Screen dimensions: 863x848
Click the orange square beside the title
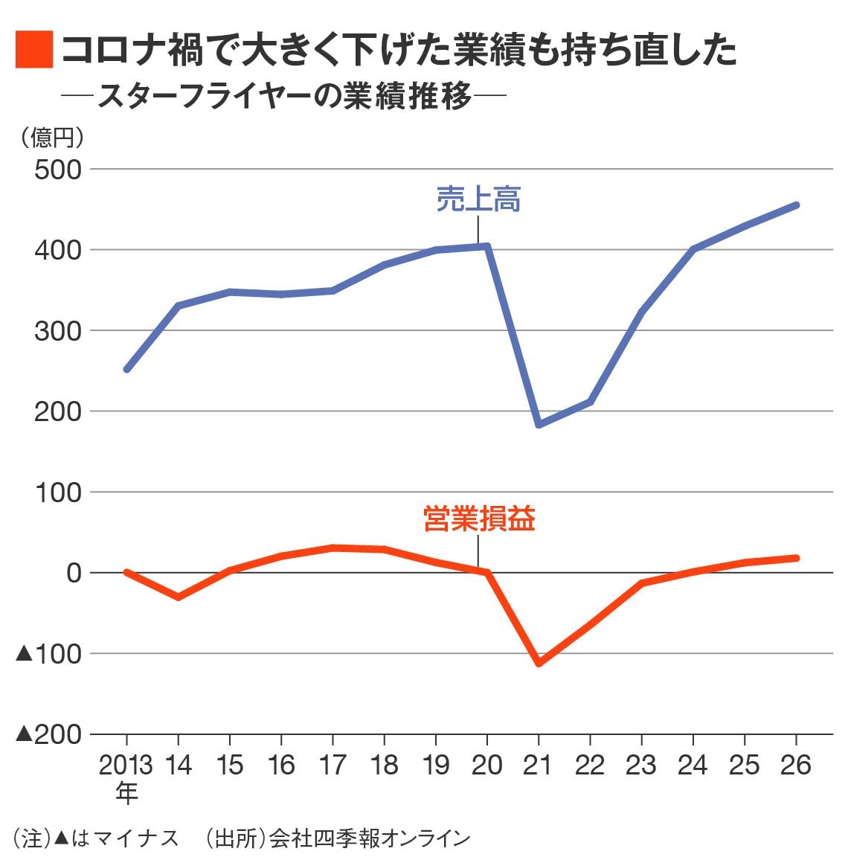[x=33, y=49]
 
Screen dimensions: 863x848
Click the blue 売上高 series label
[x=478, y=199]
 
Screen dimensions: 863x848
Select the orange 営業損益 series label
[x=479, y=519]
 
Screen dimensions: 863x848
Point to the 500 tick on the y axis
[x=58, y=170]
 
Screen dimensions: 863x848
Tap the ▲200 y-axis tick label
[x=49, y=734]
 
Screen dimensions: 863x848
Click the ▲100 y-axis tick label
[x=49, y=654]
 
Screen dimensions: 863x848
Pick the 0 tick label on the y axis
[x=73, y=573]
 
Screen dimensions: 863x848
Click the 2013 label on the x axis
[x=126, y=766]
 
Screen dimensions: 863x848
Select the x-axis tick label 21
[x=538, y=766]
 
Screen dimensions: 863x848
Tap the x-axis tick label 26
[x=796, y=766]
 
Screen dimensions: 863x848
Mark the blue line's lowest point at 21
[x=538, y=425]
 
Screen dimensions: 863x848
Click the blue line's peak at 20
[x=487, y=246]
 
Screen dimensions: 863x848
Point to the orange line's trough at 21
[x=538, y=663]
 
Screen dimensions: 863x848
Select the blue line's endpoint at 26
[x=796, y=205]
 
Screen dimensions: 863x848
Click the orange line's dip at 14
[x=178, y=597]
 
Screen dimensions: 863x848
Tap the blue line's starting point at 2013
[x=126, y=369]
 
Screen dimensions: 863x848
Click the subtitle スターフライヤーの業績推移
[x=285, y=97]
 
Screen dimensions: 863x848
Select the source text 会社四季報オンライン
[x=370, y=838]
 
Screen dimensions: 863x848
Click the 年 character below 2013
[x=126, y=794]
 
